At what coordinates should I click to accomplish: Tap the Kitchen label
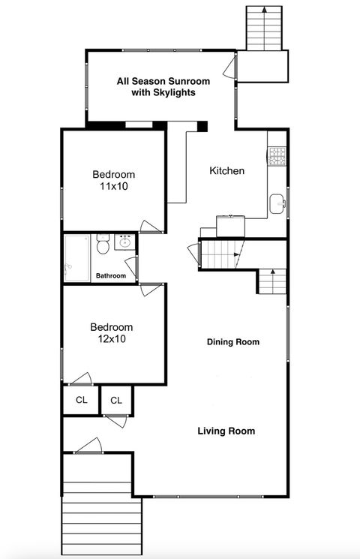226,171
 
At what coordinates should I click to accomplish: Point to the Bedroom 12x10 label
112,333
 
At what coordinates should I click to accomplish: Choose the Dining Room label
233,342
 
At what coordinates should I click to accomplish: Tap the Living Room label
226,431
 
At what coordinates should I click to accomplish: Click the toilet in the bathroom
103,244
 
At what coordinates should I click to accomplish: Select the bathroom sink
124,242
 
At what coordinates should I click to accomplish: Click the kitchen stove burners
277,156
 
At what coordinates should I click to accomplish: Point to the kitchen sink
277,203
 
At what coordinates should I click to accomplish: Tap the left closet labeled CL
81,400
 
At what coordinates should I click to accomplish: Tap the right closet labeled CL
116,400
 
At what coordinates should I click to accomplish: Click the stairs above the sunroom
262,28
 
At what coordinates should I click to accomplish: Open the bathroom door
131,266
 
